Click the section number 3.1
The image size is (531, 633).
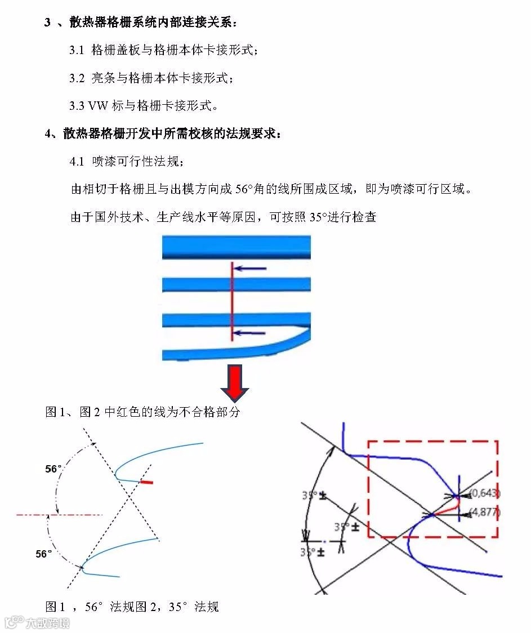(77, 50)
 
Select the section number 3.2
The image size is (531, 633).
(77, 78)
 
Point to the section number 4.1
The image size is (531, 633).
(77, 162)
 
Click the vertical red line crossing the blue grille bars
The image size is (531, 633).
(231, 301)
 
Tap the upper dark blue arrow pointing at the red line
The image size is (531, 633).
(250, 269)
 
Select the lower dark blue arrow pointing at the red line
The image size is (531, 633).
(250, 333)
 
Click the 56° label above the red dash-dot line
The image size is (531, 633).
(53, 469)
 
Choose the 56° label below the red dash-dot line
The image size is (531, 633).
(44, 554)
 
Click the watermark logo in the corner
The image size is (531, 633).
(12, 622)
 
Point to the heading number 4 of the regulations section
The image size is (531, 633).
(48, 133)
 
